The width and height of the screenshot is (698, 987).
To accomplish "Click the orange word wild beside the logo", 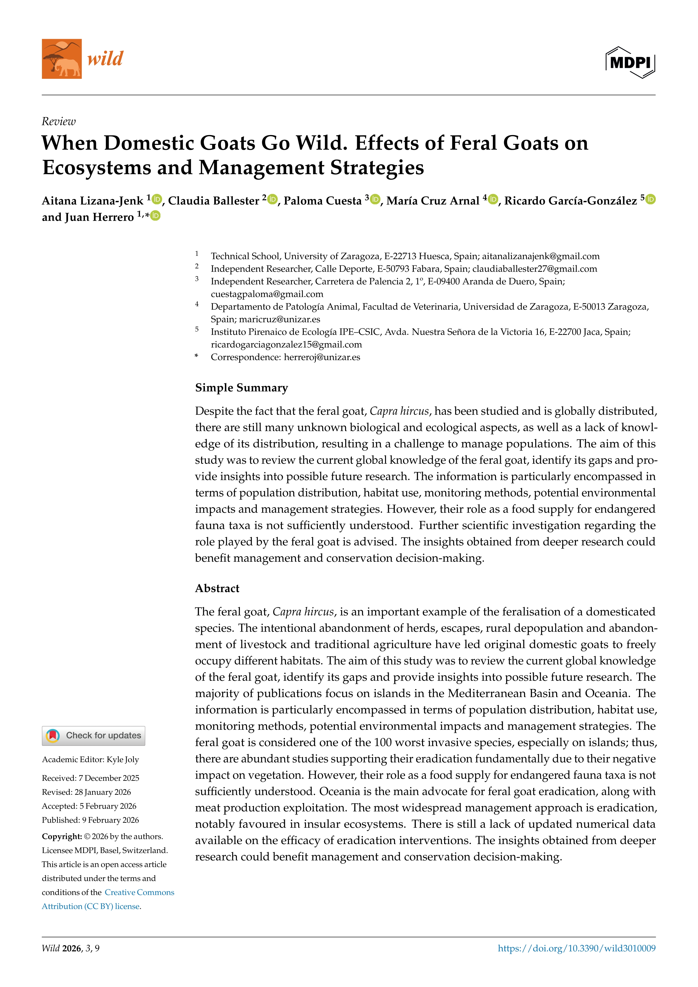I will click(105, 59).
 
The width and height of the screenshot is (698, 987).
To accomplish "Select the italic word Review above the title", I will click(59, 122).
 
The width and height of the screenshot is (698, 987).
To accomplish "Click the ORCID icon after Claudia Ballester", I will click(272, 200).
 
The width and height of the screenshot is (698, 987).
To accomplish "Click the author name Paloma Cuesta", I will click(322, 201).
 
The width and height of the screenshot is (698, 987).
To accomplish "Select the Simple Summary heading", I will click(241, 388).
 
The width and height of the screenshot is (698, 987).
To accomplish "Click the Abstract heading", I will click(217, 588).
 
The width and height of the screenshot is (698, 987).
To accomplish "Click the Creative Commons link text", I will click(139, 892).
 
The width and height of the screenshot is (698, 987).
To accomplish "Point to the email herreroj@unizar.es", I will click(322, 357).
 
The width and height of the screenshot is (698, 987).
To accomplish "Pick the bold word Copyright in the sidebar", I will click(61, 836).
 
